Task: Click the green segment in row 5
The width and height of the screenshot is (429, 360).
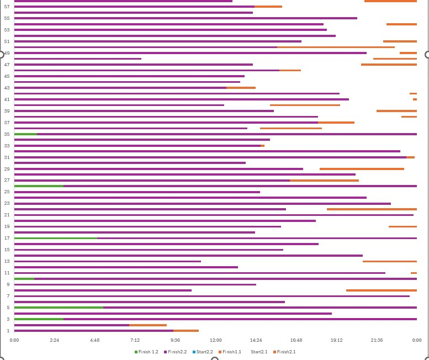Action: click(59, 308)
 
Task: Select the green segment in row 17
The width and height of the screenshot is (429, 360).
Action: click(55, 238)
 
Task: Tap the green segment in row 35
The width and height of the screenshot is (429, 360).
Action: click(25, 134)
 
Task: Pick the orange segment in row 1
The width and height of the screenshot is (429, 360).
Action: click(186, 331)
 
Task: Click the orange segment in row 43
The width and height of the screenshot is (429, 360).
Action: click(241, 87)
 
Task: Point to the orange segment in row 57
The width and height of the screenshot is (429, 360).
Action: click(268, 7)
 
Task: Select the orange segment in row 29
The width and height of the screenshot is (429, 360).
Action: click(362, 169)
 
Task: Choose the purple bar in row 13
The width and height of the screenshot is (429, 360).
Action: click(108, 261)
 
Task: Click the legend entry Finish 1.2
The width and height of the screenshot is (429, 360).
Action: click(146, 352)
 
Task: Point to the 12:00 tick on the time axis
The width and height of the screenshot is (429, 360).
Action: click(215, 340)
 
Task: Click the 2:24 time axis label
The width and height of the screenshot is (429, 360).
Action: click(54, 340)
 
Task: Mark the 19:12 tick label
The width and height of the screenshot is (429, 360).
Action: click(336, 340)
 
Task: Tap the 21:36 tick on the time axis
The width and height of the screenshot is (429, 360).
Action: click(377, 340)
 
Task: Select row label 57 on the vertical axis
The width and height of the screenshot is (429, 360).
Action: click(7, 7)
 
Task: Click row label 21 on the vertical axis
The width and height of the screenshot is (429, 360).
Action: click(7, 215)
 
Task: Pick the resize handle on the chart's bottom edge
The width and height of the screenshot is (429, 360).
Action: click(215, 359)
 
